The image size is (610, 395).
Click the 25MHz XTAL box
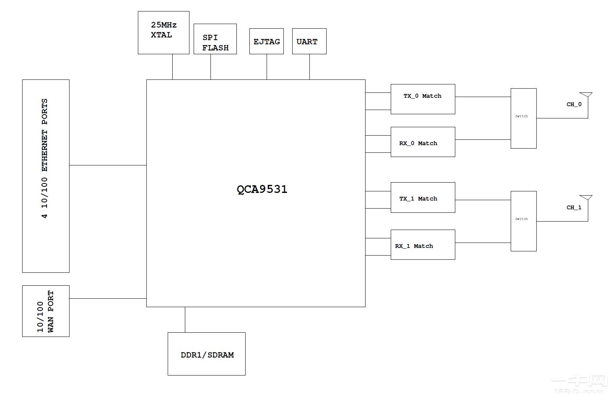coord(163,32)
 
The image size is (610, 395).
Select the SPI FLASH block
coord(215,39)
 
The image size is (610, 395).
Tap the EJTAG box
coord(266,41)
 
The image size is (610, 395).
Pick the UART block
coord(309,41)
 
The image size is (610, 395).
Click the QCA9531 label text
coord(262,189)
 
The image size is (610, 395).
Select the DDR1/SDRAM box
coord(206,354)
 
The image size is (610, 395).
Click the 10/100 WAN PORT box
coord(45,311)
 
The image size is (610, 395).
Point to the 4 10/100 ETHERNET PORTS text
coord(45,159)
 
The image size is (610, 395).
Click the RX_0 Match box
coord(422,142)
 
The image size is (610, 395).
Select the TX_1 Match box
coord(422,197)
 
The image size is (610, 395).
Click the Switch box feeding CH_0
coord(523,118)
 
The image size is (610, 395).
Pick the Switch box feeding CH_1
coord(523,221)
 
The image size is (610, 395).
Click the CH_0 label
coord(574,104)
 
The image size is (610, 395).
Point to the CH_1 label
coord(574,207)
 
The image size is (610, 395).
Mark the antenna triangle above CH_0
coord(586,95)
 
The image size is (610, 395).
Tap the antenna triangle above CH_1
coord(586,197)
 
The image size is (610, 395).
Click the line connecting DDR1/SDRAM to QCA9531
coord(185,320)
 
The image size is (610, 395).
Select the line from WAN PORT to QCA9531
coord(108,298)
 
